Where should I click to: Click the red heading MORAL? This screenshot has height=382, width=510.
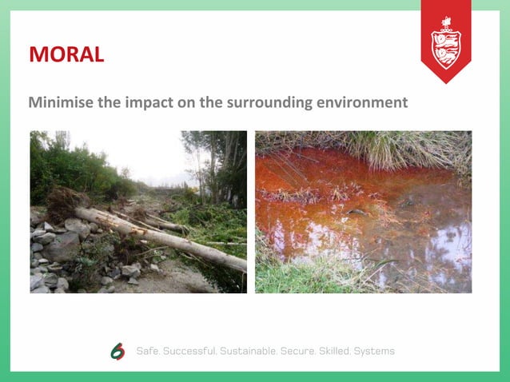pos(66,54)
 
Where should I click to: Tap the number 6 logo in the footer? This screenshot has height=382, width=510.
pos(118,352)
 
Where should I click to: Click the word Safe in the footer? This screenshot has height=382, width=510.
pos(149,352)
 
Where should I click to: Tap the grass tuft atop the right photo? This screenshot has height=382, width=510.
pos(384,148)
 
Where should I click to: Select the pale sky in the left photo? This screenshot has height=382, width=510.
pos(148,156)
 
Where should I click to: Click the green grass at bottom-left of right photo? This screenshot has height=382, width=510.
pos(288,276)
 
